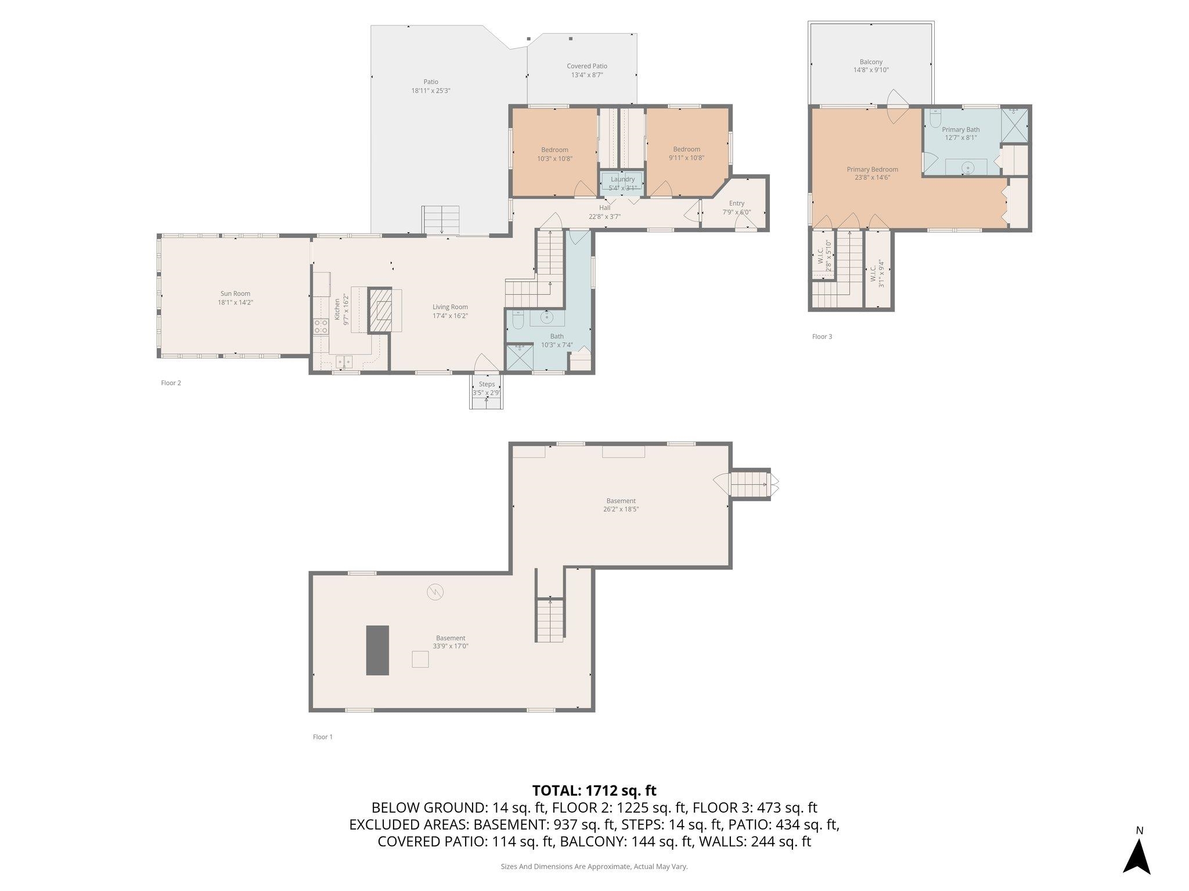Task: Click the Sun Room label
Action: (235, 294)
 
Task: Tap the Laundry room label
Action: (622, 179)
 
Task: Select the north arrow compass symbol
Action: (1136, 854)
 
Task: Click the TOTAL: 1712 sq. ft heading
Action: (594, 790)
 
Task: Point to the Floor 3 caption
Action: (822, 336)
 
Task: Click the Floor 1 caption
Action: (323, 737)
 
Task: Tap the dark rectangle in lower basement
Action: (377, 650)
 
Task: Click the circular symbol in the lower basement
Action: (435, 592)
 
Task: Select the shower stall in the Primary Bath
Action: (1014, 125)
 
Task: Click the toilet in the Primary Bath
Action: (935, 118)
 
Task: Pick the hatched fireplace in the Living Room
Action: (381, 310)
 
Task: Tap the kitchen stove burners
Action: (320, 326)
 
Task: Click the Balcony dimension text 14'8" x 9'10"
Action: (871, 70)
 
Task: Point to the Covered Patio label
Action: (587, 66)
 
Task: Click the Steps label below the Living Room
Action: (487, 384)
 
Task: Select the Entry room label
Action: (736, 203)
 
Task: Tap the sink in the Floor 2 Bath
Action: (547, 318)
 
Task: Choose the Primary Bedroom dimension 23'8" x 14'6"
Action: (872, 178)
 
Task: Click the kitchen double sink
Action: (344, 363)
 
